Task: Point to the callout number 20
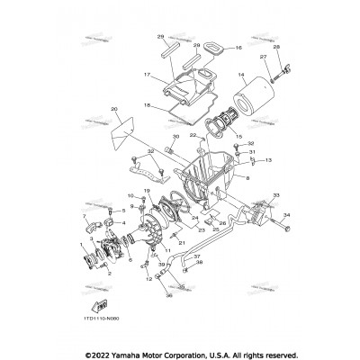(114, 110)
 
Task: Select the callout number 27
(265, 57)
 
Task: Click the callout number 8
(244, 179)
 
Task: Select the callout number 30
(176, 138)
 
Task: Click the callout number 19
(146, 191)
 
